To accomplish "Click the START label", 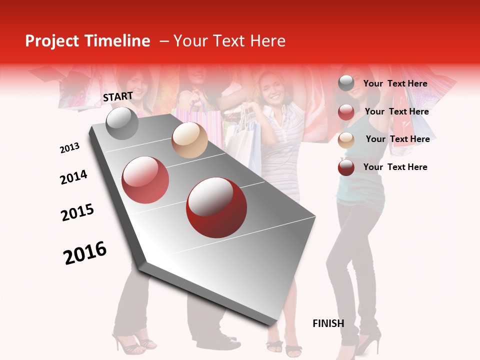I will [118, 96].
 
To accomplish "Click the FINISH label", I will [328, 323].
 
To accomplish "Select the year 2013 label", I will [70, 147].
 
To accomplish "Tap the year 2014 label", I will [73, 177].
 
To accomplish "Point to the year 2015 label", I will [77, 212].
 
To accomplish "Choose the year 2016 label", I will [85, 253].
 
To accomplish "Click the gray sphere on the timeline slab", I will [122, 123].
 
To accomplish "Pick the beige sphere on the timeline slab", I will [189, 140].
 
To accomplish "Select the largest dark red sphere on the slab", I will [216, 207].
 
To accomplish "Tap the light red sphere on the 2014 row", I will [145, 180].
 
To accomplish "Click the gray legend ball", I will [346, 83].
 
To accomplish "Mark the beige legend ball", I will [346, 140].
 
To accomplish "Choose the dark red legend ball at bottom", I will [346, 167].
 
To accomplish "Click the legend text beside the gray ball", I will [395, 83].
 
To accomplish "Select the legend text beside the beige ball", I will [397, 139].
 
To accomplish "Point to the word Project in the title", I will [52, 41].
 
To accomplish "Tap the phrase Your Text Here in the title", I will [229, 41].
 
